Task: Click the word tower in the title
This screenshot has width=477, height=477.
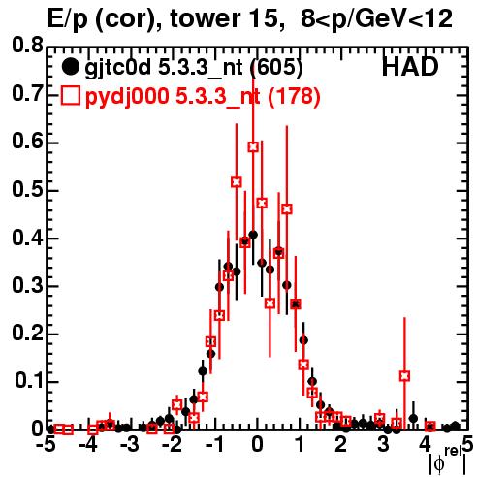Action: click(204, 18)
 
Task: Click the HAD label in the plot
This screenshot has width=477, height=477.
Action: click(410, 67)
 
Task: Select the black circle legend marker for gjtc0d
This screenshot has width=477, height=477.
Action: click(70, 67)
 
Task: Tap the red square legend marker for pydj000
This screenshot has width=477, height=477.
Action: click(70, 96)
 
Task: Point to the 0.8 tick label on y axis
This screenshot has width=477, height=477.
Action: click(27, 46)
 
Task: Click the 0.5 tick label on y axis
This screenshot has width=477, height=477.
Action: click(27, 189)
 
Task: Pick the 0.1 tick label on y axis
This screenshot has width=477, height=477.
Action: click(28, 381)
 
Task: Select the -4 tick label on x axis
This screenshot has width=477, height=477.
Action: click(88, 444)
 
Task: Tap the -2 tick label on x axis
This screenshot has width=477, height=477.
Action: click(173, 444)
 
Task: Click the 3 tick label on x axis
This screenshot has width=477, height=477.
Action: click(383, 444)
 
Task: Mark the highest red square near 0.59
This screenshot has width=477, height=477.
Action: click(253, 147)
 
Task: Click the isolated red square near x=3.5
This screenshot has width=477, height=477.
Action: click(404, 376)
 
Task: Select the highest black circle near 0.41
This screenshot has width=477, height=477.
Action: click(253, 235)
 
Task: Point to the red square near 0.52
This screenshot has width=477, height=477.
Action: click(237, 182)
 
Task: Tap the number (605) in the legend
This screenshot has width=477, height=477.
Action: click(277, 67)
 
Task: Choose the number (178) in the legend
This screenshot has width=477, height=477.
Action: click(294, 96)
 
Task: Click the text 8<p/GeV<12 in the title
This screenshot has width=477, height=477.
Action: click(377, 18)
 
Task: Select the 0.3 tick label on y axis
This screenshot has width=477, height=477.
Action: click(27, 285)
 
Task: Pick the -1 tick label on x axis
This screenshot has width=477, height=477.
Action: click(214, 444)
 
